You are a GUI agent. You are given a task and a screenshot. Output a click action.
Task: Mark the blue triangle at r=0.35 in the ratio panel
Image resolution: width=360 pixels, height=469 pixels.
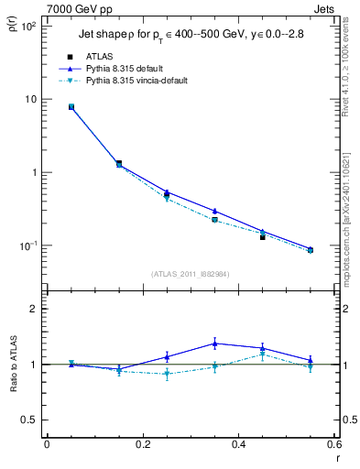(214, 344)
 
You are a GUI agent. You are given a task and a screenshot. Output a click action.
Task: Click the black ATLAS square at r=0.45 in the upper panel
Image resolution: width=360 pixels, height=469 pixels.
(262, 237)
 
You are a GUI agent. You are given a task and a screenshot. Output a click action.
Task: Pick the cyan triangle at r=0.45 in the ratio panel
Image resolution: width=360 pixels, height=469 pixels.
(262, 354)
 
